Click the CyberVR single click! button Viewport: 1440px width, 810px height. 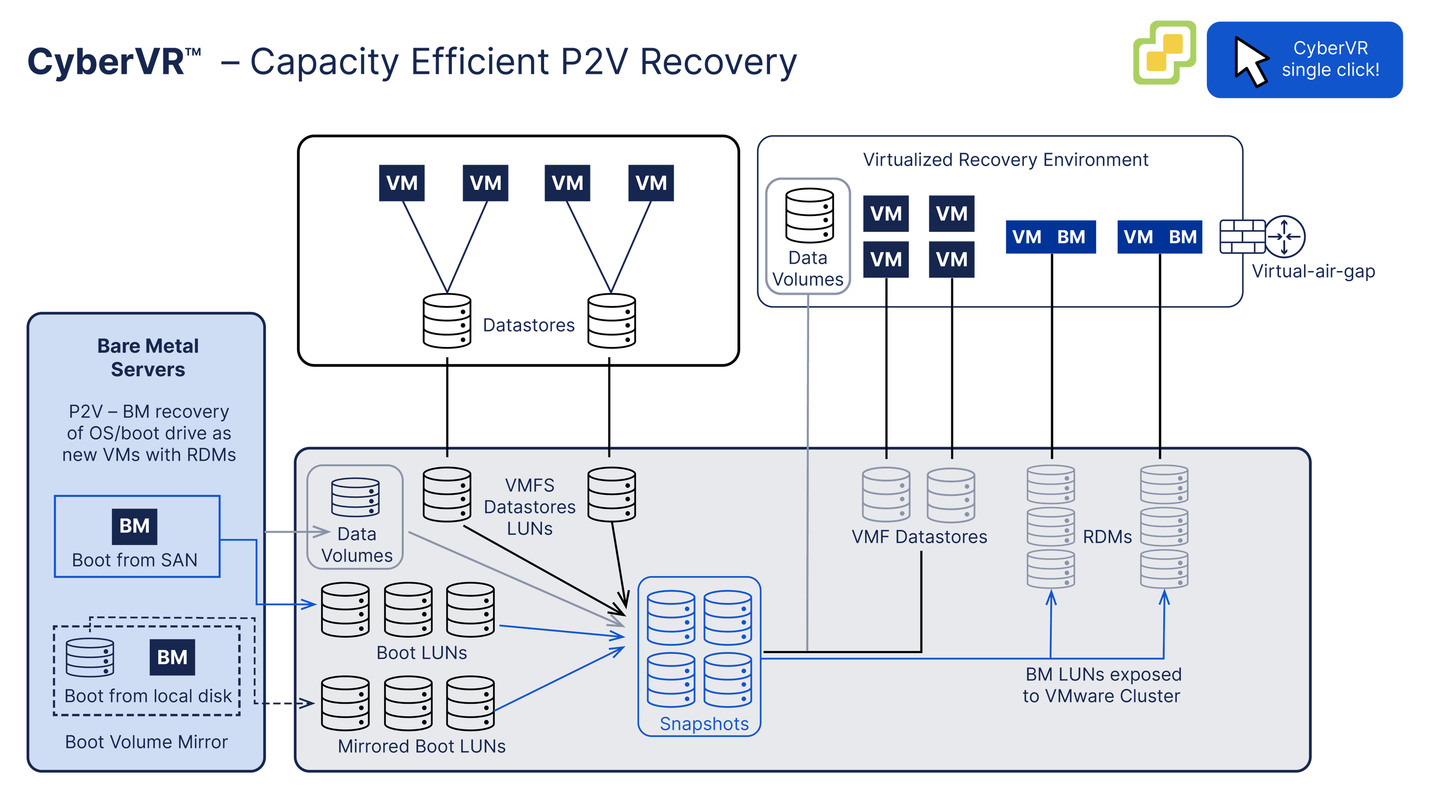1304,60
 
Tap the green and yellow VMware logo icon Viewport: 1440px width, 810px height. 1164,53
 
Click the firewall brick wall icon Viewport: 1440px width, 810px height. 1242,236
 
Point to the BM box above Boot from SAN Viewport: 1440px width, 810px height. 134,526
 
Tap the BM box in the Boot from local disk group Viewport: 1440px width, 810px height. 172,657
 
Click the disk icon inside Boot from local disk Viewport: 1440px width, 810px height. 90,657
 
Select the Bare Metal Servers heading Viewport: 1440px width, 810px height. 148,358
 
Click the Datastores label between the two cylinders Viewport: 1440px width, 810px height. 528,325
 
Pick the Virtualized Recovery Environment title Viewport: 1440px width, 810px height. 1005,160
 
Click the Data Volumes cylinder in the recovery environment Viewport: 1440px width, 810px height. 809,215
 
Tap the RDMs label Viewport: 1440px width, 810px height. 1107,537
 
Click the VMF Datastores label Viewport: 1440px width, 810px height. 919,537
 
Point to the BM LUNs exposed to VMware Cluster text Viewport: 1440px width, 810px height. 1102,685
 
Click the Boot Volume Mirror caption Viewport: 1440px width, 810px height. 146,742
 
